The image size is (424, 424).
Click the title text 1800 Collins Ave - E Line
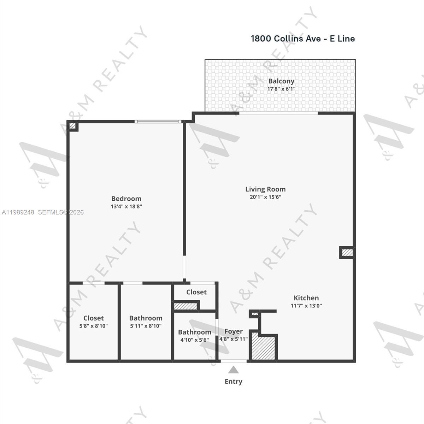click(x=302, y=39)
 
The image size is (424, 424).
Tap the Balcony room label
click(x=281, y=81)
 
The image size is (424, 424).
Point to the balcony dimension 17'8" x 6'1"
click(x=281, y=89)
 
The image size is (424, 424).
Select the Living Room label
click(x=265, y=189)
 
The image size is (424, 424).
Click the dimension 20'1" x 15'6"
click(x=265, y=197)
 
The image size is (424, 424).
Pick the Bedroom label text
click(x=126, y=199)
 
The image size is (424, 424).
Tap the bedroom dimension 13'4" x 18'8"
click(x=126, y=206)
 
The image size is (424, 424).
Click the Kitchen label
click(x=306, y=298)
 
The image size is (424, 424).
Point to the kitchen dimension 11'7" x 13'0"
click(x=306, y=306)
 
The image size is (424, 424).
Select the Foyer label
click(x=234, y=331)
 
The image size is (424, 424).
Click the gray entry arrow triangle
click(x=233, y=370)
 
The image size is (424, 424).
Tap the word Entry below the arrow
click(x=233, y=382)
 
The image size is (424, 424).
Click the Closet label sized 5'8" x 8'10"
click(x=93, y=318)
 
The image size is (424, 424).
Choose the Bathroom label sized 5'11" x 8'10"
click(x=146, y=318)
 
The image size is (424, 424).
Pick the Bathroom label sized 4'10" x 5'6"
click(x=194, y=332)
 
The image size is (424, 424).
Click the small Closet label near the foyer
click(x=196, y=292)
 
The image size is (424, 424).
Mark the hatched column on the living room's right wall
click(x=347, y=252)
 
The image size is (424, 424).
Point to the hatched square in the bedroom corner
click(x=72, y=126)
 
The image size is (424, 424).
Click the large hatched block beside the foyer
click(x=263, y=347)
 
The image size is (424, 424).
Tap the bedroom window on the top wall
click(x=158, y=122)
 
